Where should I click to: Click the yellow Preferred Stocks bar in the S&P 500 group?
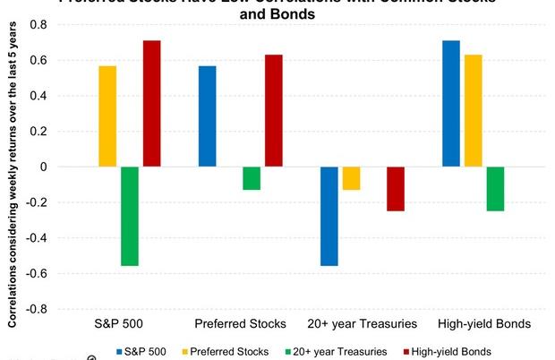click(107, 116)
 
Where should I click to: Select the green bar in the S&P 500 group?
click(130, 216)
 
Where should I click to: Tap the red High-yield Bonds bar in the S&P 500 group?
click(151, 104)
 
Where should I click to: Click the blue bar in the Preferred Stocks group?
click(207, 116)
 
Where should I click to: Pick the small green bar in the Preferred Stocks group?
click(252, 178)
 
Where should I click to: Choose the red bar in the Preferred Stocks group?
click(273, 111)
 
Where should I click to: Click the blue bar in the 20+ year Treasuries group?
click(329, 216)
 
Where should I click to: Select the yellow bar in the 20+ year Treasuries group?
click(351, 178)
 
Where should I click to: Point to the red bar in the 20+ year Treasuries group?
click(395, 189)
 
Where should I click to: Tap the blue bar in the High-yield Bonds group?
click(451, 104)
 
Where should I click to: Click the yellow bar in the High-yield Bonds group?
click(473, 111)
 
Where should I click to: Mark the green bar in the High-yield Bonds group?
click(495, 189)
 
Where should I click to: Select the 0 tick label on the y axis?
click(41, 167)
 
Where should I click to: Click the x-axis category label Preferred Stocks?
click(240, 323)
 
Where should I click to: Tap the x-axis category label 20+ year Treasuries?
click(362, 323)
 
